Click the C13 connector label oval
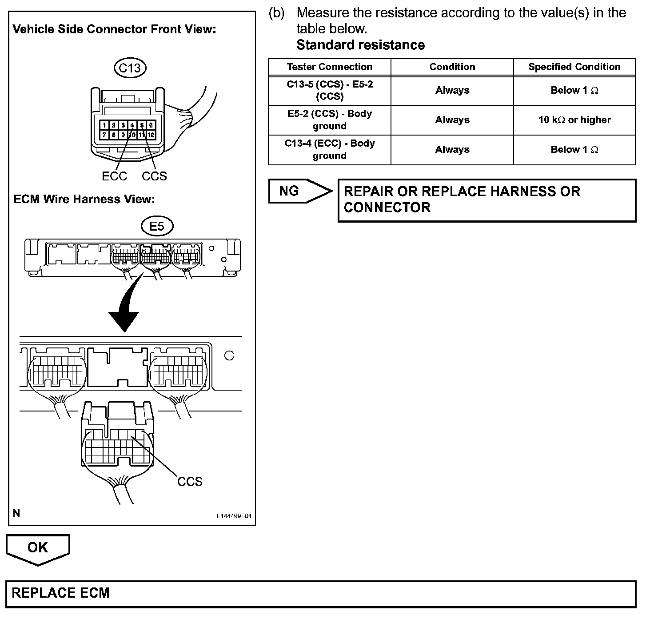tap(130, 68)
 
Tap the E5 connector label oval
tap(157, 226)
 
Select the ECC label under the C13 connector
tap(114, 176)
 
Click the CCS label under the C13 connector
tap(154, 176)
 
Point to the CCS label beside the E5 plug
tap(190, 481)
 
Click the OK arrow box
tap(38, 549)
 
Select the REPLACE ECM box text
tap(60, 593)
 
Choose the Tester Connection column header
tap(329, 67)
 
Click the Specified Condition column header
tap(574, 67)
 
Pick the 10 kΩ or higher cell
tap(574, 120)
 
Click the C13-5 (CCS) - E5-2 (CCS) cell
tap(329, 90)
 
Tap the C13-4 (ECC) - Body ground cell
tap(329, 150)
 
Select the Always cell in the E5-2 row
tap(452, 120)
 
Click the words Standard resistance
tap(360, 45)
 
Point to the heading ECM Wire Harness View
tap(84, 199)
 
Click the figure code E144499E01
tap(234, 516)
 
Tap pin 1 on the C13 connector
tap(104, 126)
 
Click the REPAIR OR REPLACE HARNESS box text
tap(462, 200)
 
